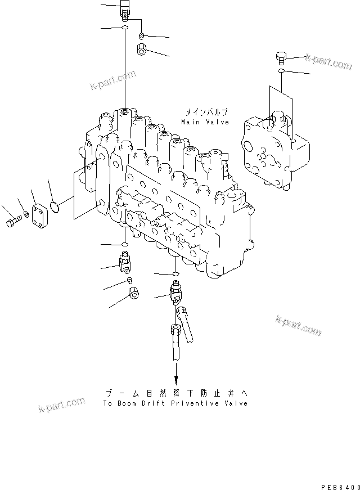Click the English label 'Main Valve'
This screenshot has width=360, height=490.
pos(205,122)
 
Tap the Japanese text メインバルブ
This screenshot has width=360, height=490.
pos(205,113)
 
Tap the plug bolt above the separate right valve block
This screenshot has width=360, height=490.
pos(282,57)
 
